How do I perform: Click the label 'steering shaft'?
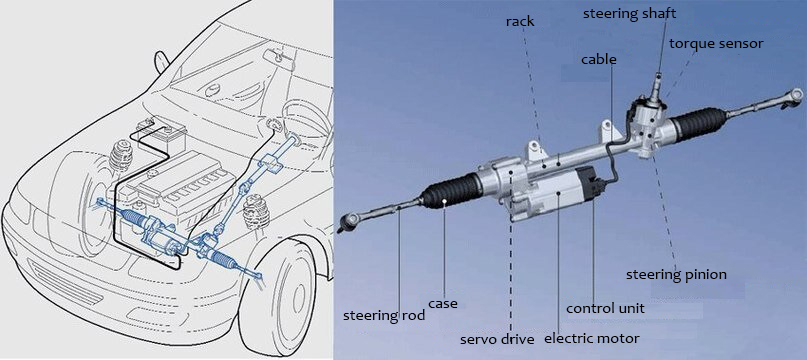pyautogui.click(x=628, y=13)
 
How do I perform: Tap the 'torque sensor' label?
pyautogui.click(x=716, y=44)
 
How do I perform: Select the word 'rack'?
pyautogui.click(x=520, y=22)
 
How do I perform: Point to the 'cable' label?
pyautogui.click(x=599, y=59)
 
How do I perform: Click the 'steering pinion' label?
pyautogui.click(x=676, y=275)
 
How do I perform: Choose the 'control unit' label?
pyautogui.click(x=605, y=308)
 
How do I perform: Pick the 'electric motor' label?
pyautogui.click(x=591, y=338)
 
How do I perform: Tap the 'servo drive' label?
pyautogui.click(x=497, y=339)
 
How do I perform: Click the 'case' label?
pyautogui.click(x=443, y=304)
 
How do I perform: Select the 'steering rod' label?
pyautogui.click(x=384, y=315)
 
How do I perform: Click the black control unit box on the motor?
pyautogui.click(x=587, y=183)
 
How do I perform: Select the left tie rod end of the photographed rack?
pyautogui.click(x=349, y=221)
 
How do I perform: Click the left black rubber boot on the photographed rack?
pyautogui.click(x=450, y=192)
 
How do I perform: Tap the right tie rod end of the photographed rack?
pyautogui.click(x=793, y=96)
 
